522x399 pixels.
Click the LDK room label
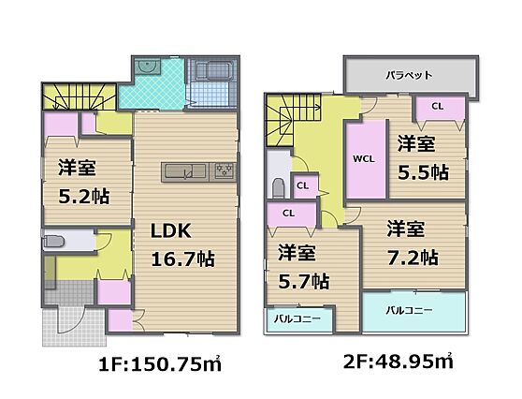(171, 230)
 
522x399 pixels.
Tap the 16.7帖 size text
(182, 259)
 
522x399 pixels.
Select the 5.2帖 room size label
(84, 197)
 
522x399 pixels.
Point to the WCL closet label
(364, 159)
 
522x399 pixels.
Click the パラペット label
(409, 75)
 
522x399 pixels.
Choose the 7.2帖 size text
(413, 258)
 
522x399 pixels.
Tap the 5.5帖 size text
(423, 172)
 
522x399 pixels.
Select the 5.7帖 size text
(304, 282)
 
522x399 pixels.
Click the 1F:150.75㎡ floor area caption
(160, 363)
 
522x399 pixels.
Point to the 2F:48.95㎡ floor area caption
(399, 361)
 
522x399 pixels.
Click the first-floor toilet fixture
(53, 242)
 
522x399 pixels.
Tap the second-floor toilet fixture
(279, 188)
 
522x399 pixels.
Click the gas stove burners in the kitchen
(224, 172)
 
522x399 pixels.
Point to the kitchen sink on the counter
(185, 171)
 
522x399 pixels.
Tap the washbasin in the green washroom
(148, 66)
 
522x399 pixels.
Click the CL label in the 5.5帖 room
(438, 107)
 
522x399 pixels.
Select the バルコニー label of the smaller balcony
(297, 319)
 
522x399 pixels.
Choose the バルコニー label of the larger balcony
(409, 311)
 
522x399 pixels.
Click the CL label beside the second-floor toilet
(302, 185)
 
